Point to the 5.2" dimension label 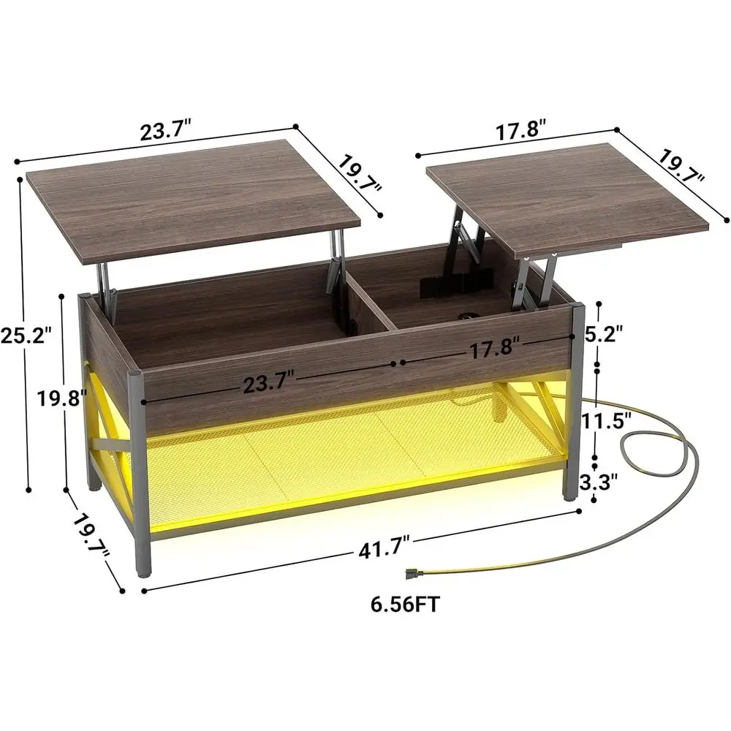[x=605, y=334]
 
